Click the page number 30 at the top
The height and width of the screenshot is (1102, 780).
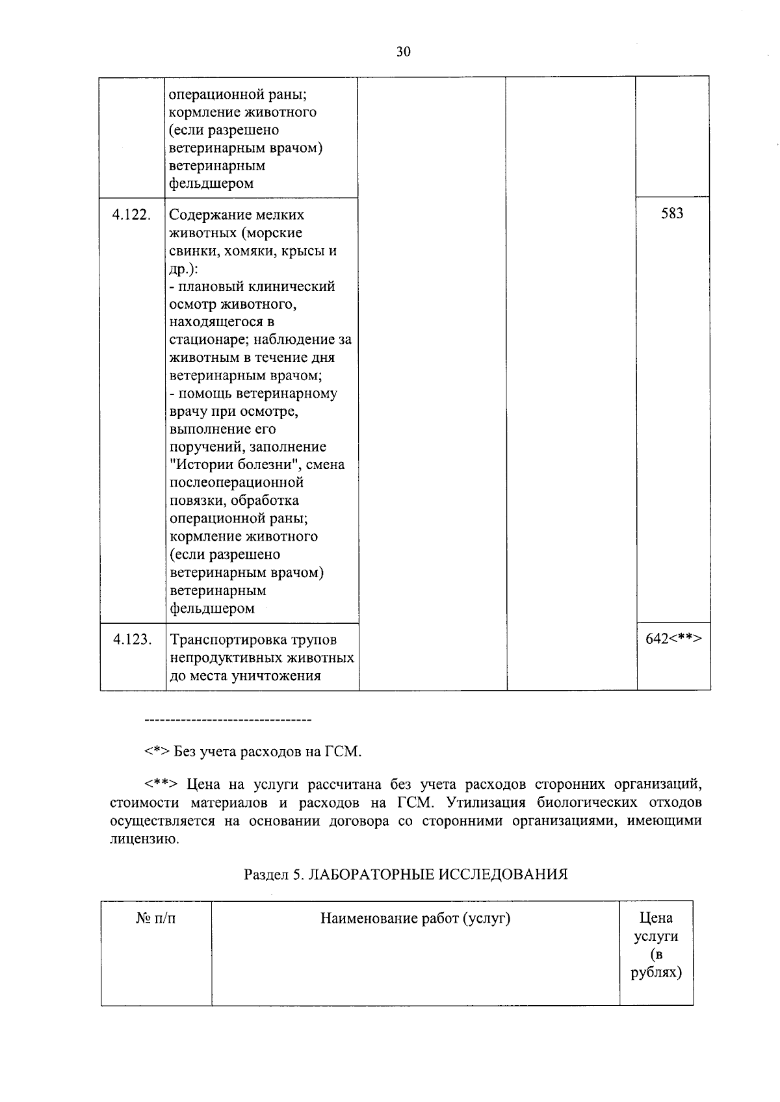[x=403, y=52]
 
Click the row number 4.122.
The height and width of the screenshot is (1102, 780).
[x=132, y=215]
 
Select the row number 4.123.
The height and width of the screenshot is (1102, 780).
[x=132, y=640]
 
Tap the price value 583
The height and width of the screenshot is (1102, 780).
[x=672, y=214]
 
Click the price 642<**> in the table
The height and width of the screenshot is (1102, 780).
[x=673, y=639]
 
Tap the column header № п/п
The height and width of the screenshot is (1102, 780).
[x=156, y=919]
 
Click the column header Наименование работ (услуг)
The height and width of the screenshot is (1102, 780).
[x=415, y=919]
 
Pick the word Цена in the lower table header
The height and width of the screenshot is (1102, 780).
[x=656, y=919]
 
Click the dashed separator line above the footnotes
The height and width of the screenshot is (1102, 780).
[x=227, y=721]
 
